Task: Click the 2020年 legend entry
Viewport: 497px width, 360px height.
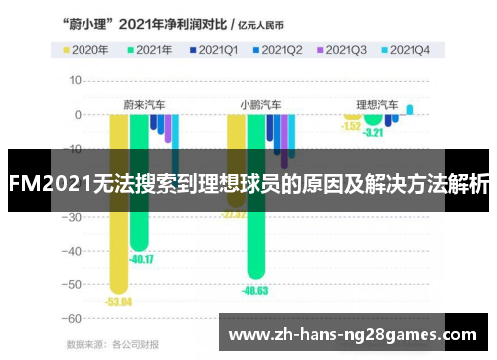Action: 84,48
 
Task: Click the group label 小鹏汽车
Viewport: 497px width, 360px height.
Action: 260,103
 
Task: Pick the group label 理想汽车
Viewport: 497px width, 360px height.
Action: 377,103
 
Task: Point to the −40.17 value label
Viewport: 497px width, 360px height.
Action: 140,260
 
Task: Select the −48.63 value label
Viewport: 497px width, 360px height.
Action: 255,290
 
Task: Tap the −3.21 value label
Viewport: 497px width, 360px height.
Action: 373,132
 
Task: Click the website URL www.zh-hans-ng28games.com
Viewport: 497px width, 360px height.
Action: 352,335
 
